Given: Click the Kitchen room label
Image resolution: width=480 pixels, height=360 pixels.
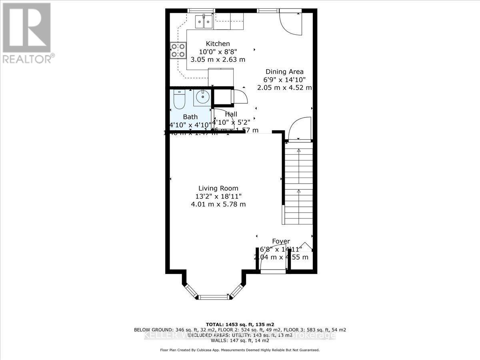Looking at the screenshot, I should (218, 44).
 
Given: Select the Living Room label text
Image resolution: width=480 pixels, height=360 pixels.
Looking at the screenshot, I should (218, 188).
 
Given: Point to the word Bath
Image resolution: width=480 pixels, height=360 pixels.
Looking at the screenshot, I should (190, 117).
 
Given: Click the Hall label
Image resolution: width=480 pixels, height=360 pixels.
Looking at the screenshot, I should (231, 114).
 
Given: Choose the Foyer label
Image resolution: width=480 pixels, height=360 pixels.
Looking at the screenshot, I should (281, 241).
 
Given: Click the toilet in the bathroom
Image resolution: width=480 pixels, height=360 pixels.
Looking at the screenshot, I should (179, 100).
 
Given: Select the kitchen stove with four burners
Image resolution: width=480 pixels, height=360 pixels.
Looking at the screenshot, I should (178, 50).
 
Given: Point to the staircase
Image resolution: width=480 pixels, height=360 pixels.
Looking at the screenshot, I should (298, 182).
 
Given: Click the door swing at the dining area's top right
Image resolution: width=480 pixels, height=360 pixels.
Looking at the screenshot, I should (290, 23).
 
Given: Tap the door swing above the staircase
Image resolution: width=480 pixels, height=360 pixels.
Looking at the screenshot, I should (299, 128).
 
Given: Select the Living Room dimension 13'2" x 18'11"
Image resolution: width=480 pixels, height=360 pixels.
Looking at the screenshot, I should (218, 196).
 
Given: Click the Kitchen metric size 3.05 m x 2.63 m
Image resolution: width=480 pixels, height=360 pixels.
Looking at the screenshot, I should (218, 60).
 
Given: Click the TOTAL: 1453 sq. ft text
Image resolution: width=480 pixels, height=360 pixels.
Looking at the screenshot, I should (240, 324).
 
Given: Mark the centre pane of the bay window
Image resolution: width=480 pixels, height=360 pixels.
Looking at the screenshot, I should (214, 297).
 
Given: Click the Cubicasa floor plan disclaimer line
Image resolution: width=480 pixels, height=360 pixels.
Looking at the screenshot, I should (240, 350).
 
